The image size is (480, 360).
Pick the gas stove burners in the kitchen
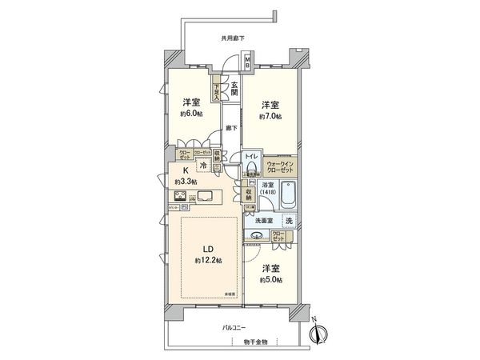point(177,195)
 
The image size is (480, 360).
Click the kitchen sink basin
point(206,196)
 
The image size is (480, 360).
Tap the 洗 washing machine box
point(289,221)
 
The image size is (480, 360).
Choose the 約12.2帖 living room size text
point(206,261)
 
